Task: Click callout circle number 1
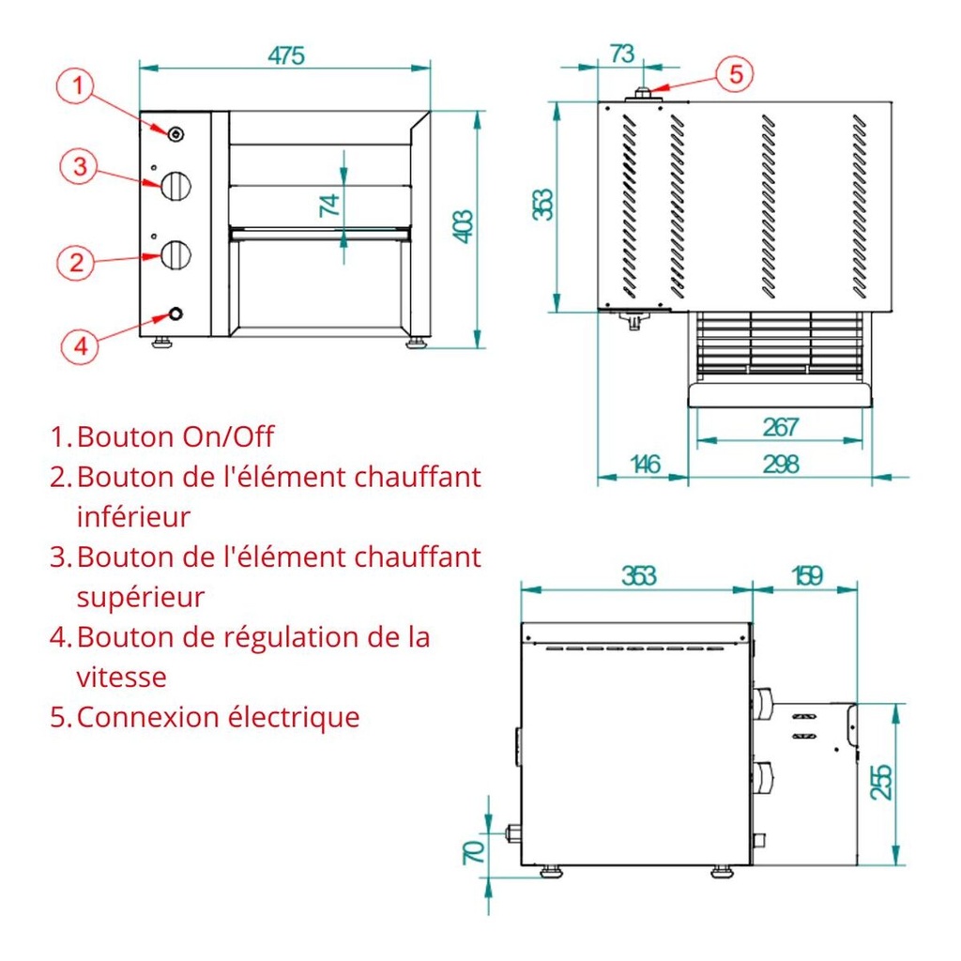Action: click(x=78, y=87)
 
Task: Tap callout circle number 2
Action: click(x=78, y=262)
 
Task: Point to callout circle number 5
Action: click(x=736, y=73)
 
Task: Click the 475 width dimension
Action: click(x=285, y=55)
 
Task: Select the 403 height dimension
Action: click(x=463, y=226)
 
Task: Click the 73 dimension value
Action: click(x=621, y=53)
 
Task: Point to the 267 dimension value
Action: click(x=780, y=427)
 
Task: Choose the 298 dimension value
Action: click(x=780, y=464)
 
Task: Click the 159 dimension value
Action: click(x=806, y=575)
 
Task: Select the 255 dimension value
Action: click(x=881, y=782)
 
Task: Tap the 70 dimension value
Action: click(x=474, y=851)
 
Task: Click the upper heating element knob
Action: click(x=175, y=186)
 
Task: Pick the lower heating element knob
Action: click(x=175, y=253)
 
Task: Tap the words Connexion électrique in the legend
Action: click(x=218, y=717)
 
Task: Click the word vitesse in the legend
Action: click(x=121, y=677)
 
